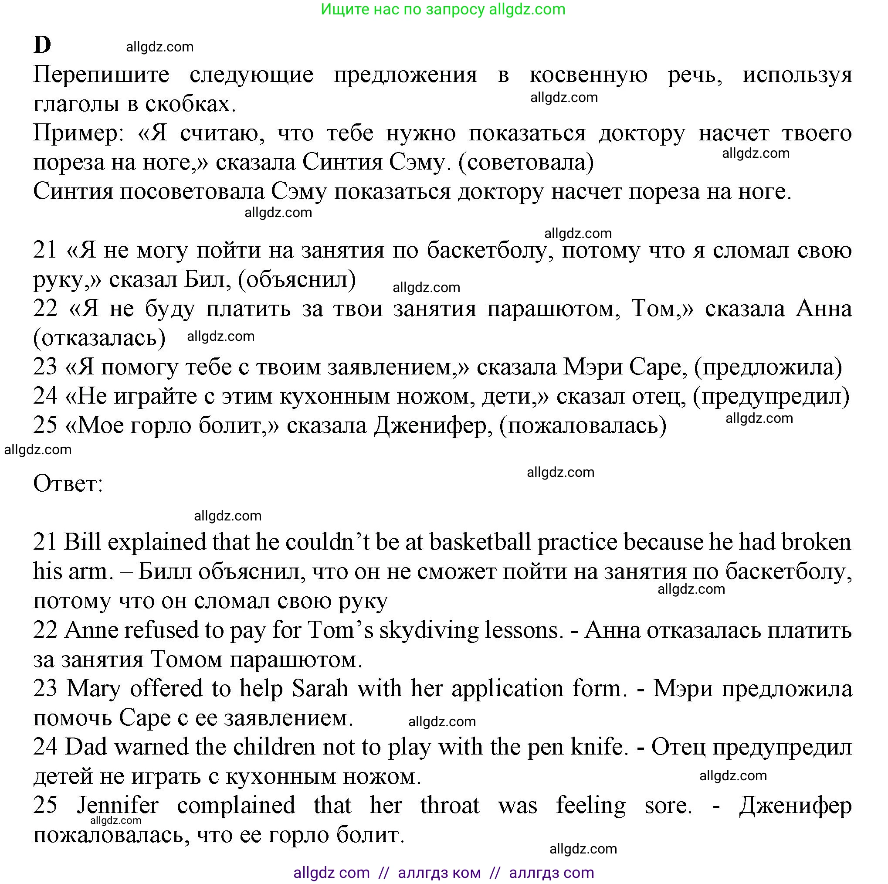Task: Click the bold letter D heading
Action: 42,45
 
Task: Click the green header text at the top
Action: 443,9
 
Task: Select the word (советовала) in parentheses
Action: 526,162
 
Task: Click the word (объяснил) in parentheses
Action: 297,279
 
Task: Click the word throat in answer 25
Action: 450,806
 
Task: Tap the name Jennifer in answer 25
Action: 118,806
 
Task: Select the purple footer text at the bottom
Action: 443,873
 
